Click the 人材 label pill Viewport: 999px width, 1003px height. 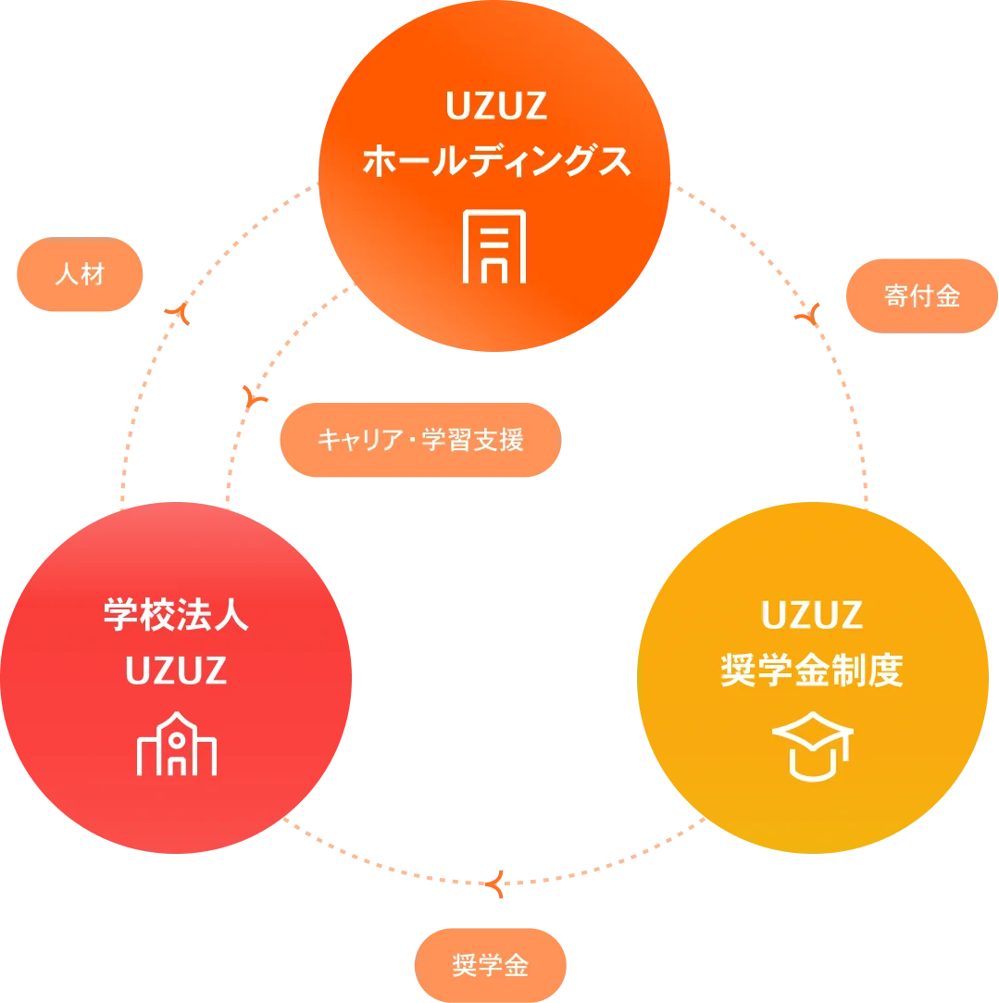[80, 275]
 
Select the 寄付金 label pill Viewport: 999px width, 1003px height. [921, 296]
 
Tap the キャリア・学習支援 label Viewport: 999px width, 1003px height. [420, 440]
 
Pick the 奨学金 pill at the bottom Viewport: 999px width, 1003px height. [490, 966]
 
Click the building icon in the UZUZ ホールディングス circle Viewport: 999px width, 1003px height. [494, 245]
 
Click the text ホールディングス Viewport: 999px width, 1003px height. [496, 162]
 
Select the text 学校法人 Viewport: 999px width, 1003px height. [176, 616]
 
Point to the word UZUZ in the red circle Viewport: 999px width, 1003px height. [176, 671]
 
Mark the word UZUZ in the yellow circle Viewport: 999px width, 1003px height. [812, 614]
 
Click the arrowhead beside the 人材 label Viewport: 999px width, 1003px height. [177, 314]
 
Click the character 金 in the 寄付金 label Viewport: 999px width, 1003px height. [947, 296]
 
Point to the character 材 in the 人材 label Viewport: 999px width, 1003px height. [93, 275]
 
